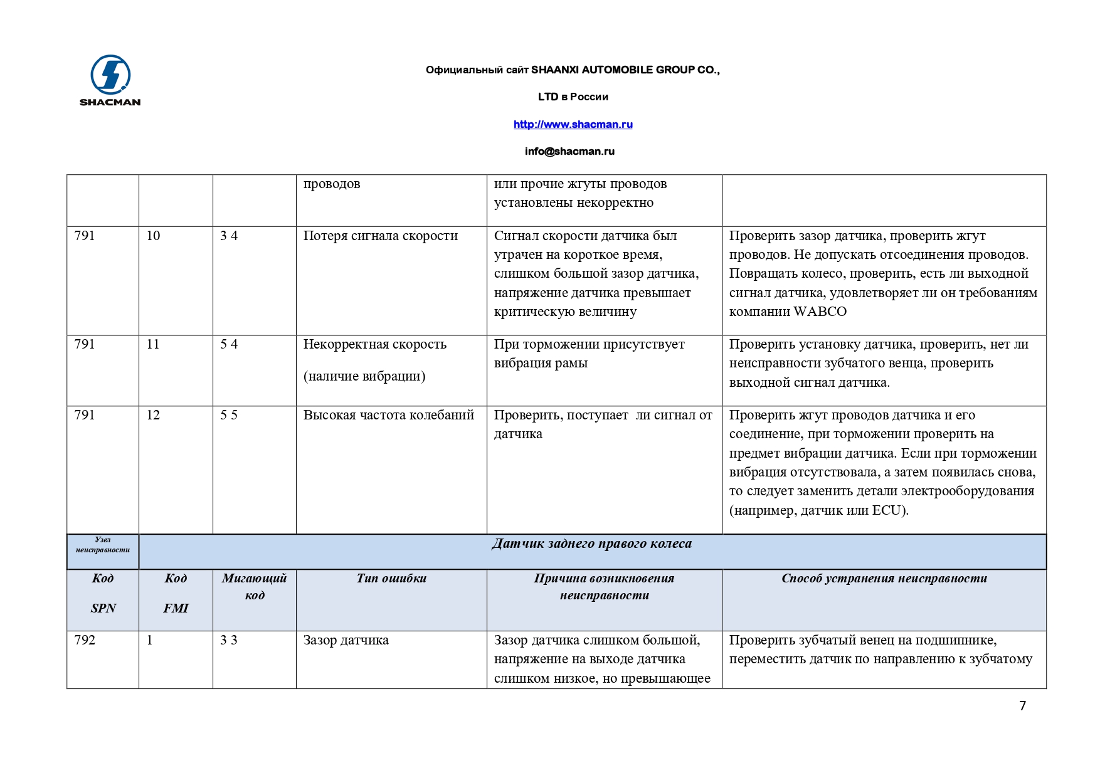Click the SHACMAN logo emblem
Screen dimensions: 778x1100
(x=110, y=75)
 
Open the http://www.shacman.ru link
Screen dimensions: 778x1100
(x=573, y=124)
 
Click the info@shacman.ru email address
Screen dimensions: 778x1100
(x=569, y=151)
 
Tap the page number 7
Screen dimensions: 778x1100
(x=1022, y=706)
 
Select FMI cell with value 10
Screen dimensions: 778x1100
(x=153, y=236)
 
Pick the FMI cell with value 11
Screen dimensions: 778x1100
(x=153, y=344)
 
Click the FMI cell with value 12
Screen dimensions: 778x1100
(x=153, y=415)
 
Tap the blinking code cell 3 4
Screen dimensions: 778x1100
(x=229, y=236)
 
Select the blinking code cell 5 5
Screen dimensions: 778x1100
(x=229, y=415)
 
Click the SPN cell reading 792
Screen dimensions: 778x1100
(x=85, y=640)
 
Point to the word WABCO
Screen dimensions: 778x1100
(x=820, y=312)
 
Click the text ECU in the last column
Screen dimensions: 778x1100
(x=887, y=510)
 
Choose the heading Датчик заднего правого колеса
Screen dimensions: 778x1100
(x=591, y=544)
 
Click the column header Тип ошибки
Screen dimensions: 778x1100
(x=391, y=579)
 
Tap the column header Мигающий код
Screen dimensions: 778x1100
(x=254, y=586)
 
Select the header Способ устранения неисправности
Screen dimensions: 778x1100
(x=884, y=579)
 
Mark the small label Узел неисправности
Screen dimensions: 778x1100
(x=103, y=545)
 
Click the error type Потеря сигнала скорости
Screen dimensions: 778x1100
(x=380, y=236)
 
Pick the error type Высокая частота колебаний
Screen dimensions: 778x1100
(x=388, y=415)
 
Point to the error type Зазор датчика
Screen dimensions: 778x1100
(x=346, y=640)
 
